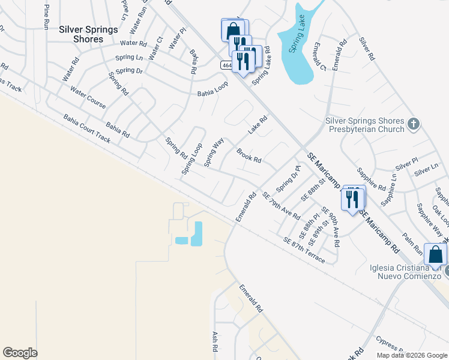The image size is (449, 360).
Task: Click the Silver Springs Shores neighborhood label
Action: click(x=81, y=34)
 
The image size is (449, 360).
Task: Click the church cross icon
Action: click(x=413, y=124)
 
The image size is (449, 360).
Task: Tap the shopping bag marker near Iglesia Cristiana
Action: click(x=435, y=254)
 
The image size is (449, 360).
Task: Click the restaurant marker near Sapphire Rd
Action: click(x=352, y=199)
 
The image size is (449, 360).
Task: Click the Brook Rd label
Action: click(x=249, y=156)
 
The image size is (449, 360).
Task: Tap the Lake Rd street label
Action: click(x=257, y=125)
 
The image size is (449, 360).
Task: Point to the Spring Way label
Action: click(x=214, y=152)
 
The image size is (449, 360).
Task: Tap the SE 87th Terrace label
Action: click(x=304, y=250)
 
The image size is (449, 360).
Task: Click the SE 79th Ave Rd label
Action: click(x=281, y=205)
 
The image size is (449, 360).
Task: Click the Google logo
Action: click(x=20, y=353)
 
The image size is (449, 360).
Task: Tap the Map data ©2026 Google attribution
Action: click(x=411, y=355)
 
